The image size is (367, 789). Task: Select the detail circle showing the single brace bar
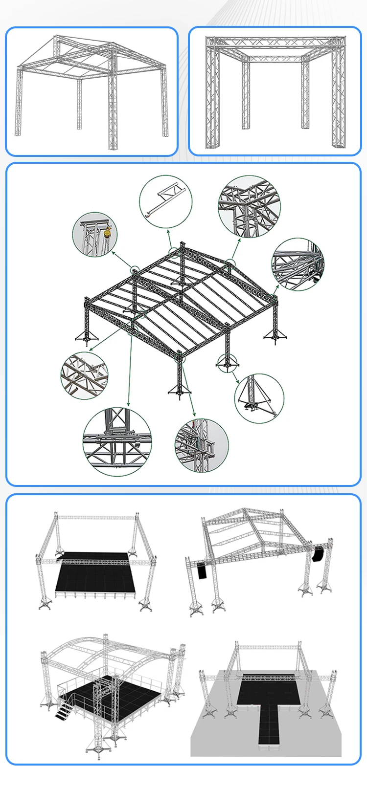[x=165, y=201]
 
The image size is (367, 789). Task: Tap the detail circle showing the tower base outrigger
[x=259, y=399]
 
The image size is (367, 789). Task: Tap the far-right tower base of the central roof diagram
[x=272, y=335]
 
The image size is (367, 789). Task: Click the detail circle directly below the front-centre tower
[x=202, y=445]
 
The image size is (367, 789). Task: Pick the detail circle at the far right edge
[x=298, y=264]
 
